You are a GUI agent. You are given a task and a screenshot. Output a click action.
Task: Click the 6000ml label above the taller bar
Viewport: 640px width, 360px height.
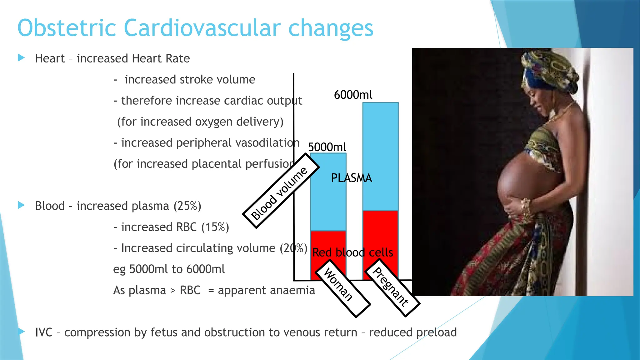pos(353,95)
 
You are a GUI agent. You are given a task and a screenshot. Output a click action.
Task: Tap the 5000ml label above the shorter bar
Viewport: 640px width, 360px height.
pos(327,147)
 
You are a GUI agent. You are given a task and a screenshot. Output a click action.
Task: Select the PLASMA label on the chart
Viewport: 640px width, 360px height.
pos(351,178)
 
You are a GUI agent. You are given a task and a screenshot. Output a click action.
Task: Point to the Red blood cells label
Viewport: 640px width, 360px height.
pos(352,252)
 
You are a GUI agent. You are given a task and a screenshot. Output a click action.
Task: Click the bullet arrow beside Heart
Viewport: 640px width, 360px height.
pos(21,58)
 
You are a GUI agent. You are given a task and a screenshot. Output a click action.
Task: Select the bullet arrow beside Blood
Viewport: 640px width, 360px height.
pos(21,205)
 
